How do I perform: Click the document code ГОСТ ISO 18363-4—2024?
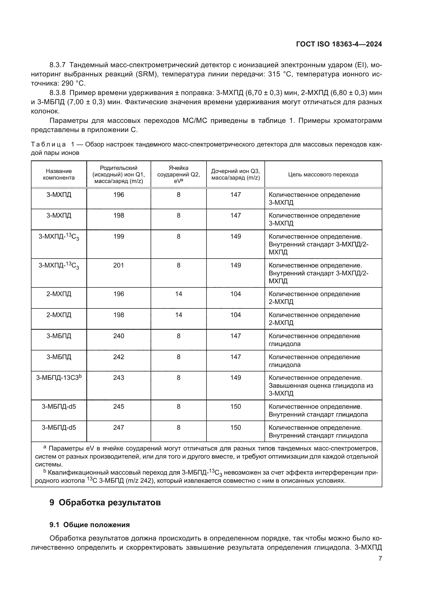pyautogui.click(x=339, y=44)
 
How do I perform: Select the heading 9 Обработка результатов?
pyautogui.click(x=105, y=502)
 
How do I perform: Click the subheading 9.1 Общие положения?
pyautogui.click(x=89, y=525)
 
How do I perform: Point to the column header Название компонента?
pyautogui.click(x=59, y=174)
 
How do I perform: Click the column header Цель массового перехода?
pyautogui.click(x=323, y=175)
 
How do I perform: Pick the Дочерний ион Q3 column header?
pyautogui.click(x=235, y=174)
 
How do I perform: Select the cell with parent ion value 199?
pyautogui.click(x=119, y=237)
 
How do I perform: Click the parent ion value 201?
pyautogui.click(x=119, y=265)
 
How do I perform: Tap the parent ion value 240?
pyautogui.click(x=119, y=336)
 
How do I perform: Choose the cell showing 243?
pyautogui.click(x=119, y=377)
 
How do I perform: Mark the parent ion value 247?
pyautogui.click(x=119, y=427)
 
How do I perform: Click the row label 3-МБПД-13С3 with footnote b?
pyautogui.click(x=59, y=377)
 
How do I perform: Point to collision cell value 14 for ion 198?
pyautogui.click(x=178, y=315)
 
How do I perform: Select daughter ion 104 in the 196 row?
pyautogui.click(x=235, y=294)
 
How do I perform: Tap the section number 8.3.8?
pyautogui.click(x=57, y=93)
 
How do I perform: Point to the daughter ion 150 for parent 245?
pyautogui.click(x=235, y=406)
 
